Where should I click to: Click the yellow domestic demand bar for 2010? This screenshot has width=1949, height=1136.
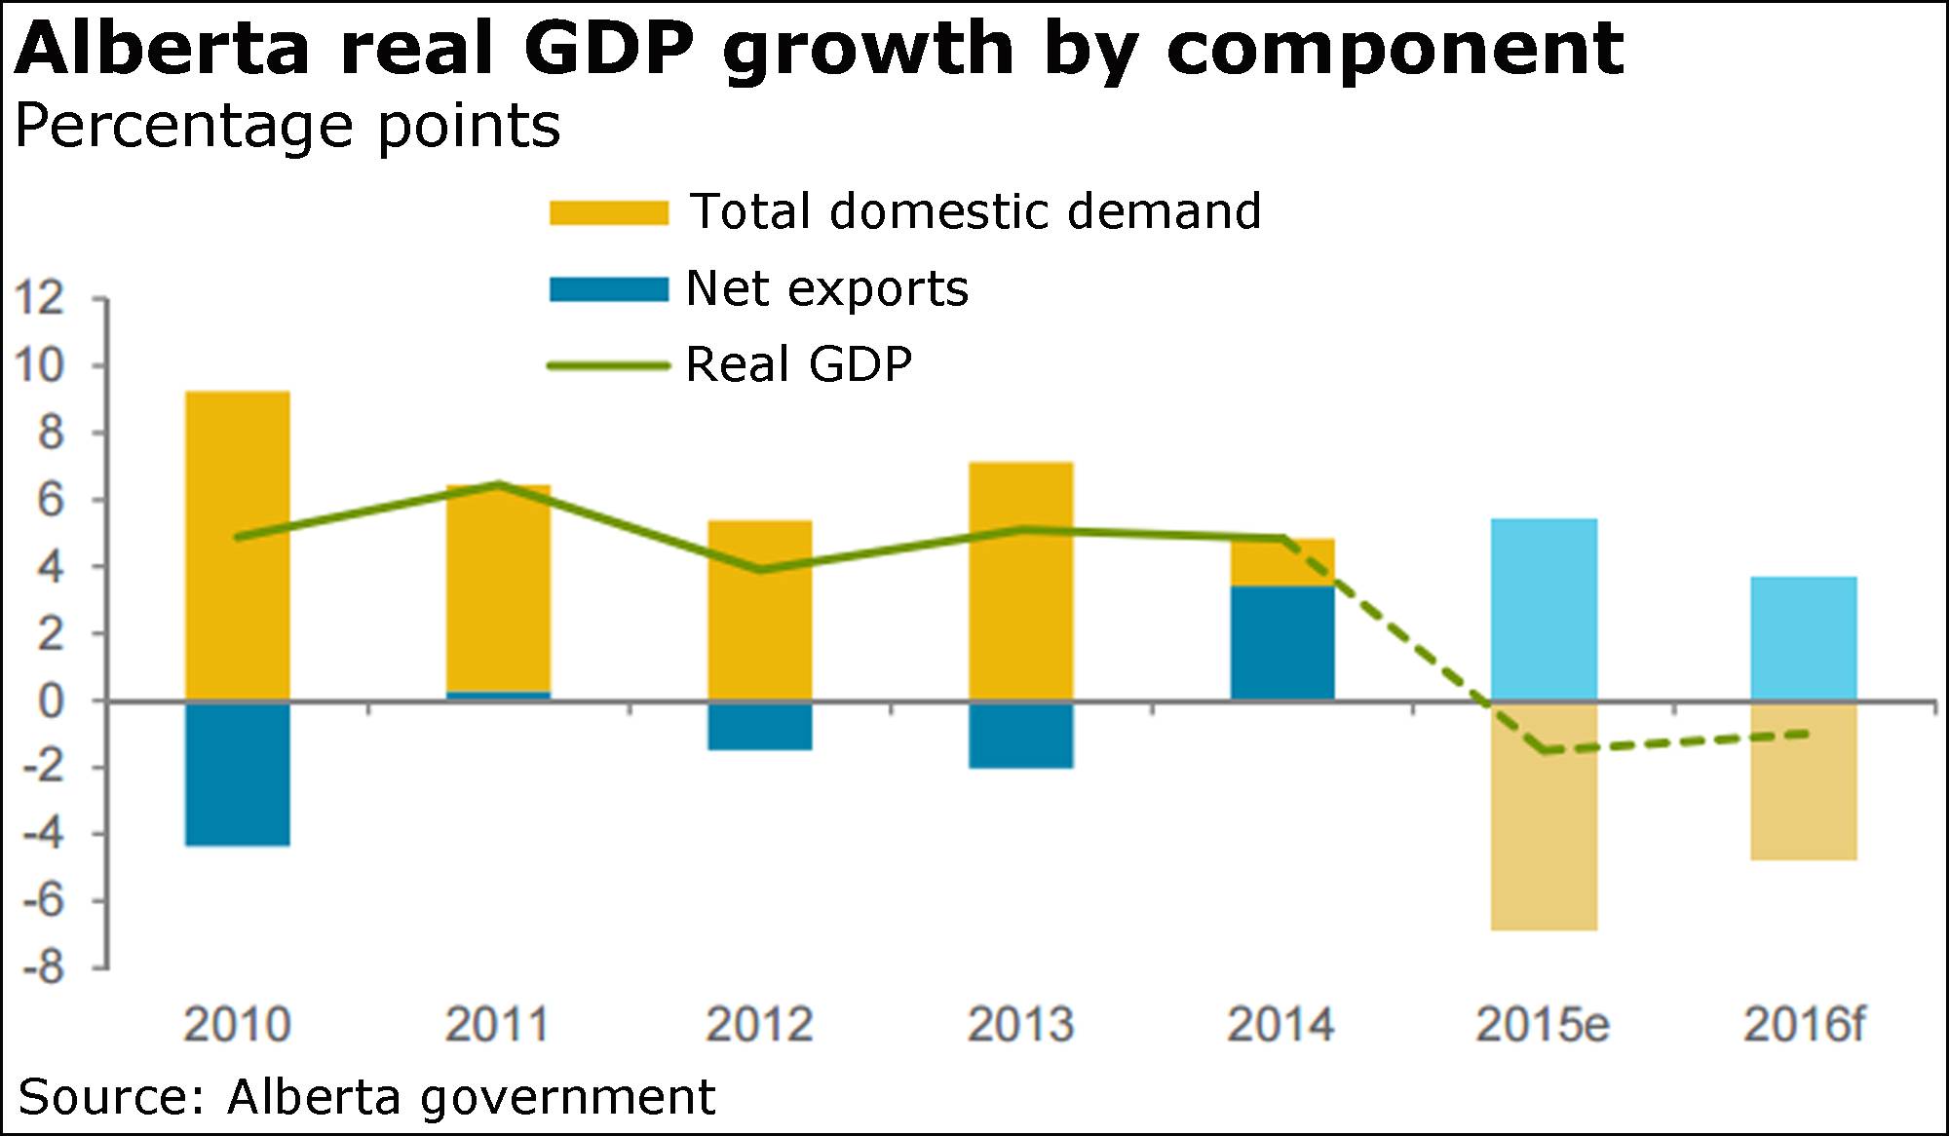[238, 546]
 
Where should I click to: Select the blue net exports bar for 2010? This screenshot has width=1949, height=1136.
[238, 773]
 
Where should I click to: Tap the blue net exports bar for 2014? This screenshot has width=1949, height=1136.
[1282, 643]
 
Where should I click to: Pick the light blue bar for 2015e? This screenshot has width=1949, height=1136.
[1544, 609]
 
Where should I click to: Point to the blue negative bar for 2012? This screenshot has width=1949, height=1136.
[760, 726]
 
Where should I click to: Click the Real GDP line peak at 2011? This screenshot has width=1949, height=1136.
[498, 483]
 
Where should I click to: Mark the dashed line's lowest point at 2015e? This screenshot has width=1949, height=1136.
[1544, 750]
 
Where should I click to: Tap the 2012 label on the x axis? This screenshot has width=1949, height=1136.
[759, 1025]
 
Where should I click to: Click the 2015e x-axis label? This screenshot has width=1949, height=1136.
[1543, 1025]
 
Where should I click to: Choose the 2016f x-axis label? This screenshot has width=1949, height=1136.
[1804, 1025]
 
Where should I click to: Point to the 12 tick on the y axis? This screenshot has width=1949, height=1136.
[39, 298]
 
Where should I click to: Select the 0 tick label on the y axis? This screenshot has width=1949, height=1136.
[51, 701]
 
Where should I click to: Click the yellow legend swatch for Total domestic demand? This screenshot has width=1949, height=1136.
[609, 212]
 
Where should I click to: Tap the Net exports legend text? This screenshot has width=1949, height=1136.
[827, 288]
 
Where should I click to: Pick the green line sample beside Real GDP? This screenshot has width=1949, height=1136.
[609, 366]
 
